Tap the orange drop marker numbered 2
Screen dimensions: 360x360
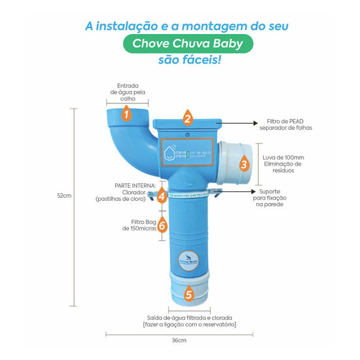click(187, 118)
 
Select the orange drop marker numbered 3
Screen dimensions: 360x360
click(243, 164)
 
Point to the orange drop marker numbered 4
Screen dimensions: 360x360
click(162, 195)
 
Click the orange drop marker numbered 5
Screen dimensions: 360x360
click(188, 294)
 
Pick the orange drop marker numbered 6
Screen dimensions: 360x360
click(163, 226)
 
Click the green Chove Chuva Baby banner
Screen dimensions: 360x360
click(179, 45)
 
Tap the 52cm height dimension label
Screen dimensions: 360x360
click(63, 196)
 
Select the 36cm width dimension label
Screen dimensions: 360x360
click(179, 340)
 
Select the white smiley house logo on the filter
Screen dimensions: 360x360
click(170, 153)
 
